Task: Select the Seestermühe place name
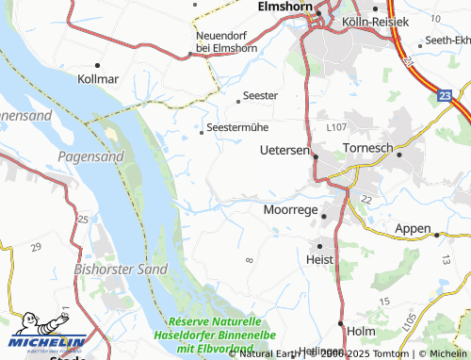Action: point(236,129)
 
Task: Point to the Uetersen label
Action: point(284,150)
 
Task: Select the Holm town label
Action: point(361,331)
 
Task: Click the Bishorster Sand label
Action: point(108,269)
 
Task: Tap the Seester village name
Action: point(260,95)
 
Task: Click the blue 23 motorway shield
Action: point(444,95)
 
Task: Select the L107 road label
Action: point(336,126)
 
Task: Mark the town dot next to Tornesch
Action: point(399,153)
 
